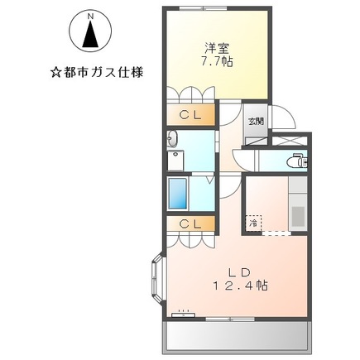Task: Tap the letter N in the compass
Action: [91, 15]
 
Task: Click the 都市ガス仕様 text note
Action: [97, 72]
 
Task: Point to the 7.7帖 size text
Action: [219, 63]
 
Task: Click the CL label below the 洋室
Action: [190, 115]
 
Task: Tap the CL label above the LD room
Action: [190, 223]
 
